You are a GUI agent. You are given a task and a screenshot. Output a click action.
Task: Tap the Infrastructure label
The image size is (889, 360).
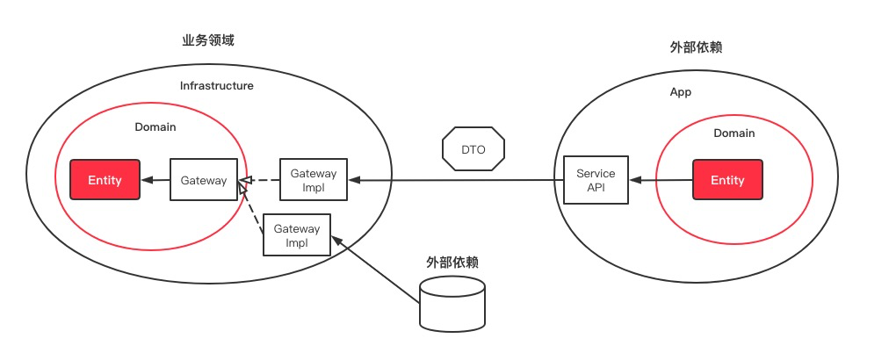217,86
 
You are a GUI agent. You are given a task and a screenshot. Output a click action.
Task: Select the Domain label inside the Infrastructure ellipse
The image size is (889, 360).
155,127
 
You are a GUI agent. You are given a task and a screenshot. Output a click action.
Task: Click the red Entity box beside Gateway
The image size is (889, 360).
105,181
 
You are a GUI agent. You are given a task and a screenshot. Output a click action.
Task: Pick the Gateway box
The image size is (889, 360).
204,181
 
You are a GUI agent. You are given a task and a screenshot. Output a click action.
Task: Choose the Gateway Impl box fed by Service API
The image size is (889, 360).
314,180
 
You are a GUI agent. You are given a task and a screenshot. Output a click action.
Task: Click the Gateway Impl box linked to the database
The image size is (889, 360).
297,234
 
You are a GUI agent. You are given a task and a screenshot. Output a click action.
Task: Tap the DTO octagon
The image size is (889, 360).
473,149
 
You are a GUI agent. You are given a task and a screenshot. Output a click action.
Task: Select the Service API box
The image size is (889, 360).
596,180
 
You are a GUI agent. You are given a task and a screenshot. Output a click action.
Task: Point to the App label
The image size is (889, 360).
681,91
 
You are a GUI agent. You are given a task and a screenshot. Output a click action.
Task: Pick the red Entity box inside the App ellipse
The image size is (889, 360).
727,180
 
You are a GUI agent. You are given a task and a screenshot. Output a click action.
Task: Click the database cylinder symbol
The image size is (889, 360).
452,302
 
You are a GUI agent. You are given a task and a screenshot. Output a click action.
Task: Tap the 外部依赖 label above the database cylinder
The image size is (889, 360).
452,262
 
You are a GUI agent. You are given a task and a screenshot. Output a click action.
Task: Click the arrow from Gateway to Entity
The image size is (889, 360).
155,181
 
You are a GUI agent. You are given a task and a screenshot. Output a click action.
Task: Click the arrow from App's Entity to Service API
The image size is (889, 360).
661,180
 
